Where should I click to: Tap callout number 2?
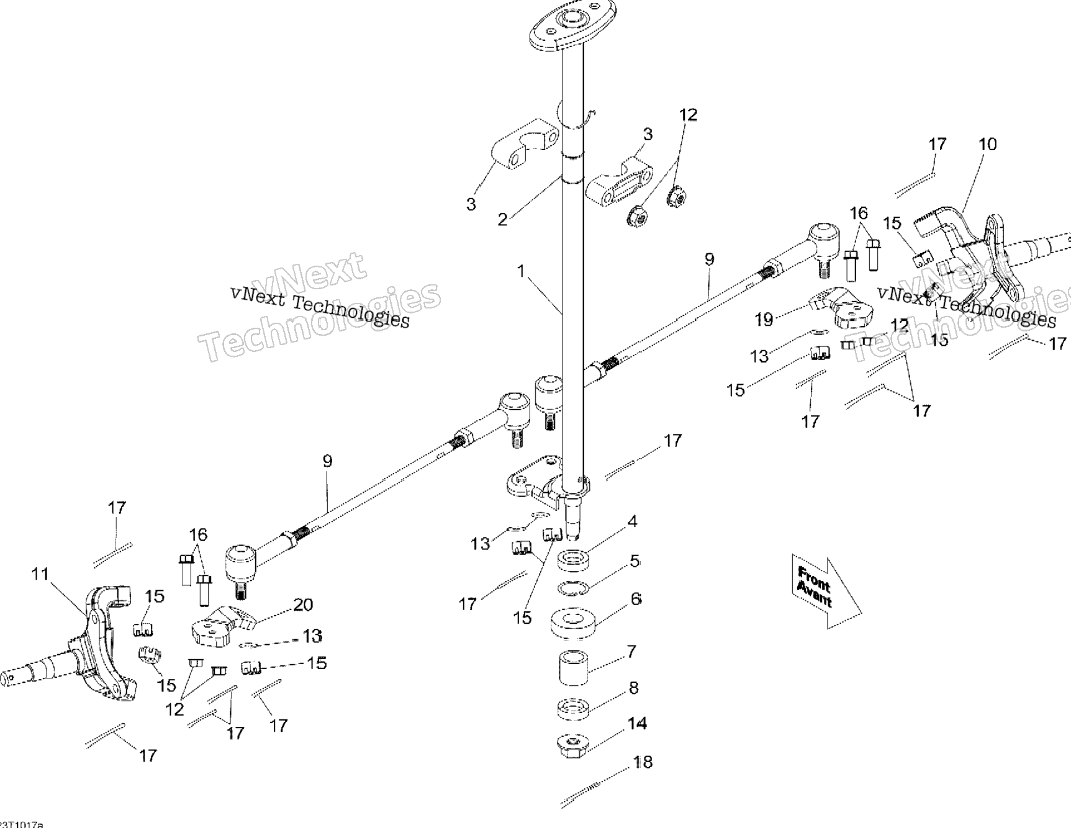pos(503,219)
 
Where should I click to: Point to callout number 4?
pos(632,521)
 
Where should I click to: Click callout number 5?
pos(634,561)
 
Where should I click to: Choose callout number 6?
pos(636,599)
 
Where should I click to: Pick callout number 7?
pos(631,652)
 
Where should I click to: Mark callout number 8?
pos(633,688)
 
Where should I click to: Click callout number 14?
pos(637,724)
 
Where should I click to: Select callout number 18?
pos(643,762)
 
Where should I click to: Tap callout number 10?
pos(987,145)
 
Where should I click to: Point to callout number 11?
pos(40,574)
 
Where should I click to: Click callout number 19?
pos(764,320)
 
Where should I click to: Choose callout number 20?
pos(303,605)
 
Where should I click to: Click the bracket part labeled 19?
pos(844,308)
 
